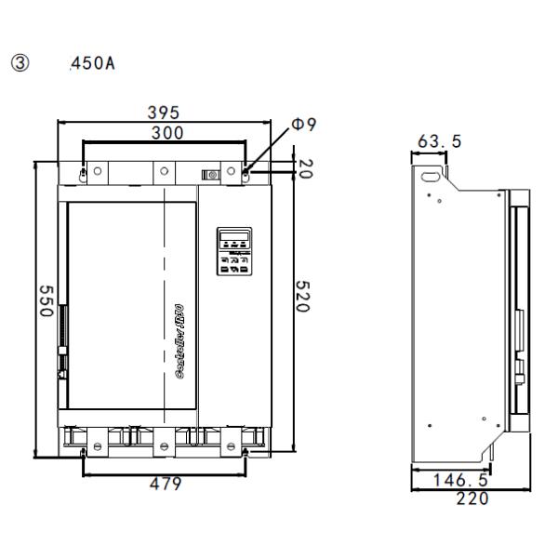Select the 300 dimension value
(166, 132)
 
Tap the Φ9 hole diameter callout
(304, 125)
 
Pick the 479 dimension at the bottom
(166, 484)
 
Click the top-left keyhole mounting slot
(84, 173)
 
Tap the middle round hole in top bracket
(164, 173)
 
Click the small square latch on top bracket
(212, 174)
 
